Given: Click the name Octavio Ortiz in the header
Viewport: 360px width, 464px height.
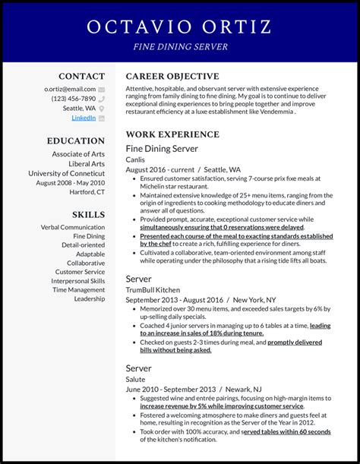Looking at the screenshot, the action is pyautogui.click(x=179, y=27).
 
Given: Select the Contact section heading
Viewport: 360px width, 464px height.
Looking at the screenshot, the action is pyautogui.click(x=82, y=76).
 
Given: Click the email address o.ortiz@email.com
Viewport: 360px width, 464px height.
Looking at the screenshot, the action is pyautogui.click(x=70, y=89).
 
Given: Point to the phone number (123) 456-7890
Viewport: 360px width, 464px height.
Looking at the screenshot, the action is pyautogui.click(x=74, y=99).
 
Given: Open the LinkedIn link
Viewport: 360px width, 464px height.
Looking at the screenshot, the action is pyautogui.click(x=84, y=118).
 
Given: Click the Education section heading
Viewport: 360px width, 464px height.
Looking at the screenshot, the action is pyautogui.click(x=76, y=140).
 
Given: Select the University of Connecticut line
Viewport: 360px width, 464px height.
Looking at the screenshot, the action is pyautogui.click(x=67, y=173).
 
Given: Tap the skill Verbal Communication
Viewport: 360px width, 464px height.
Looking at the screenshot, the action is pyautogui.click(x=73, y=227).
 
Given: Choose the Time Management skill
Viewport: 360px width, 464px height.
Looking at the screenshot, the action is pyautogui.click(x=79, y=289).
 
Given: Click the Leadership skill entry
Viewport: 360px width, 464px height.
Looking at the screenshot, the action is pyautogui.click(x=90, y=298).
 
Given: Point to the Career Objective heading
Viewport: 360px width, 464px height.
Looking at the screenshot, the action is pyautogui.click(x=172, y=76).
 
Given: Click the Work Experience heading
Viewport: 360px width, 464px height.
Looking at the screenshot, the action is pyautogui.click(x=173, y=134).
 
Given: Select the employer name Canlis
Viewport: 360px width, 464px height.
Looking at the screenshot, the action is pyautogui.click(x=136, y=160).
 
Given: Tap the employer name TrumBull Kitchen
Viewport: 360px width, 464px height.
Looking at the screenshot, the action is pyautogui.click(x=153, y=290).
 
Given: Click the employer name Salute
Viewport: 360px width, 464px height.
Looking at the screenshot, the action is pyautogui.click(x=137, y=379).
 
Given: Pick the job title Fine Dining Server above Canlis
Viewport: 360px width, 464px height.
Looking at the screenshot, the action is pyautogui.click(x=162, y=149).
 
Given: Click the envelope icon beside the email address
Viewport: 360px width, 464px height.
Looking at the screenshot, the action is pyautogui.click(x=101, y=89).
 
